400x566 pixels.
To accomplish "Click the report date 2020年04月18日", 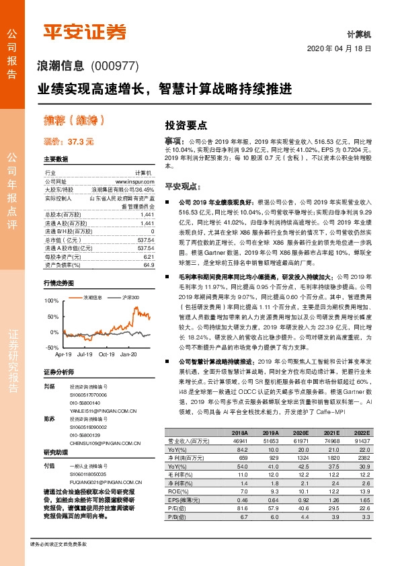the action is [x=340, y=49].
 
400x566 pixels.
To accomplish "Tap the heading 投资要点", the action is [x=186, y=125].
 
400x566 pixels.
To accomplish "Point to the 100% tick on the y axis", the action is [x=52, y=300].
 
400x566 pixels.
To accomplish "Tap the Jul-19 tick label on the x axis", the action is [x=85, y=354].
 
